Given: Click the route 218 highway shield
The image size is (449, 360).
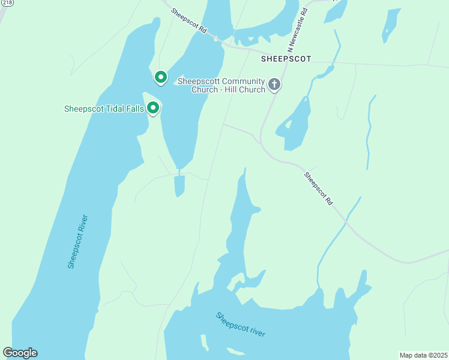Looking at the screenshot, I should [7, 2].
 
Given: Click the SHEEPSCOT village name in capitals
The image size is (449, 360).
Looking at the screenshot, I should [286, 59].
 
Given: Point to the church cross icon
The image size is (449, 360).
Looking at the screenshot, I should [274, 85].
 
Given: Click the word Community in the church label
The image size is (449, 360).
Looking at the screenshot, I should [243, 81].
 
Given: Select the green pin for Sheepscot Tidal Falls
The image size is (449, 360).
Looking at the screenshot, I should [154, 108].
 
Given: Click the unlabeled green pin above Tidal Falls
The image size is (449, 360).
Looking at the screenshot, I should [160, 77].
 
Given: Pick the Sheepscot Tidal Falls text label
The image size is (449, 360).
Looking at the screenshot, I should [104, 109].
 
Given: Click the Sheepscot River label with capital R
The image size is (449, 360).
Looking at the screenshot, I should [78, 241].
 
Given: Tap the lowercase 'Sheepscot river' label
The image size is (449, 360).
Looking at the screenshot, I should [240, 325].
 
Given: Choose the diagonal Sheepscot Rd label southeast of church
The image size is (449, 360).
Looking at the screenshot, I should [318, 189].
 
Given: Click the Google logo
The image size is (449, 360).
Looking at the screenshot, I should [20, 352].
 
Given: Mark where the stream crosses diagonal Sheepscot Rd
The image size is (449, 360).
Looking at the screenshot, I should [346, 222].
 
